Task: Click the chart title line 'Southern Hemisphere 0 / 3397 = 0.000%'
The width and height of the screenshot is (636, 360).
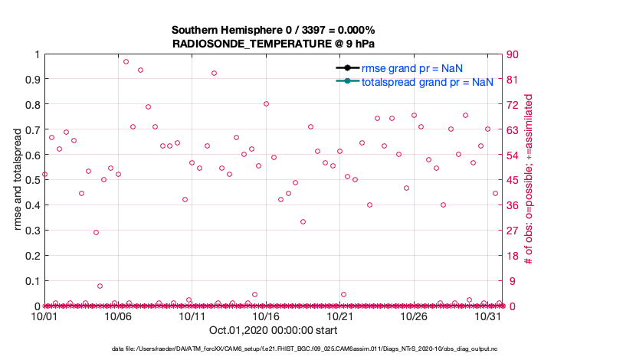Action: [274, 30]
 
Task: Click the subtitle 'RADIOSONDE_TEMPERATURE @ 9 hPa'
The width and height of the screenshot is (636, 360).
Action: [274, 44]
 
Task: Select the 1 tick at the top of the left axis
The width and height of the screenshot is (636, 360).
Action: [36, 54]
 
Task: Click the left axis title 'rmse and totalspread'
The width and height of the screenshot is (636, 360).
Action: [17, 180]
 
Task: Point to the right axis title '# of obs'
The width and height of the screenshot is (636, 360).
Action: [529, 180]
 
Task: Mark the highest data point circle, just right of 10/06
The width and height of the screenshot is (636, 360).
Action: [126, 61]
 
